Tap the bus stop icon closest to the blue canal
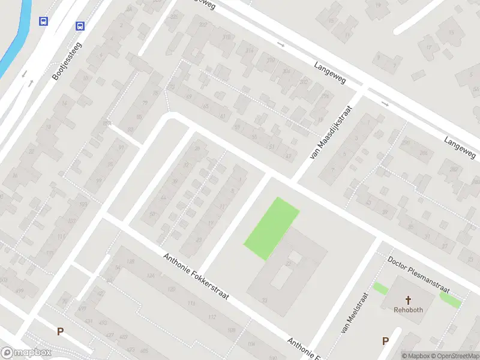(x=43, y=22)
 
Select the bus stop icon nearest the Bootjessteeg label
(x=80, y=26)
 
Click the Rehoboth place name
(x=408, y=310)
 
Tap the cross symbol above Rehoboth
(x=409, y=300)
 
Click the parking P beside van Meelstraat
(x=385, y=341)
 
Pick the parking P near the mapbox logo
(x=59, y=331)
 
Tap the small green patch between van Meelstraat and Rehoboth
(x=380, y=288)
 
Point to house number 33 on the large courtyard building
(x=265, y=300)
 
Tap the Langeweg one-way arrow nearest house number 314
(x=281, y=44)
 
